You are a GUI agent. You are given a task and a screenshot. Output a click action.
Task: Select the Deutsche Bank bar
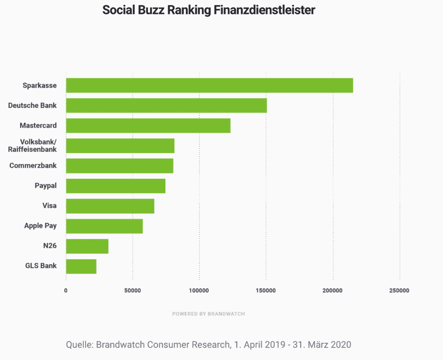pos(166,106)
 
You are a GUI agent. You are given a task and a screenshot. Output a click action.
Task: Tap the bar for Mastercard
pos(148,126)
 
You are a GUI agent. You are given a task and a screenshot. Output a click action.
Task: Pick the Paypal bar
pos(116,186)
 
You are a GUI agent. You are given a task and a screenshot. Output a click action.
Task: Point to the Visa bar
pos(110,206)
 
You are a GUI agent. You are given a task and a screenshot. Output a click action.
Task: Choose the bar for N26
pos(87,246)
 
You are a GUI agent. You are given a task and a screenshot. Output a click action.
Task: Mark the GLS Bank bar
pos(81,266)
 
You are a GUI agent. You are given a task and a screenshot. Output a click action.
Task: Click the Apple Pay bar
pos(104,226)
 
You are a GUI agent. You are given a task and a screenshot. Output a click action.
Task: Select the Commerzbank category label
pos(33,165)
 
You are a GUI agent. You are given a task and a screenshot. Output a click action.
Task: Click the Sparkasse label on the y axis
pos(39,86)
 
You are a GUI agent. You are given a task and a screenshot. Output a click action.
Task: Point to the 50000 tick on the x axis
pos(133,291)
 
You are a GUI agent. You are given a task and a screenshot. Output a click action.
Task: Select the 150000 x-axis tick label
pos(266,291)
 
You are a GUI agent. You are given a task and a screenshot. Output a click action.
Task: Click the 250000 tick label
pos(399,291)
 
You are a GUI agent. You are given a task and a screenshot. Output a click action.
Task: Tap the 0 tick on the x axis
pos(66,291)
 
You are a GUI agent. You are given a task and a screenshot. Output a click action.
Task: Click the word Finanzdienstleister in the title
pos(264,10)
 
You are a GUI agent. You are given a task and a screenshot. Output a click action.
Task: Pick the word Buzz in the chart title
pos(148,10)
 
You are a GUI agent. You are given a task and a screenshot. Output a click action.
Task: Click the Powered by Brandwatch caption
pos(209,314)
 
